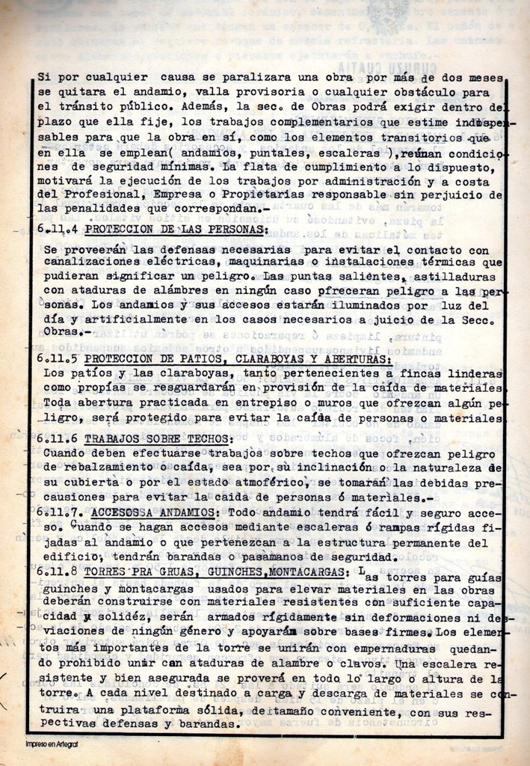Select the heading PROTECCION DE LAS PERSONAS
pyautogui.click(x=176, y=228)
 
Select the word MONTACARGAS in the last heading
pyautogui.click(x=304, y=572)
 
